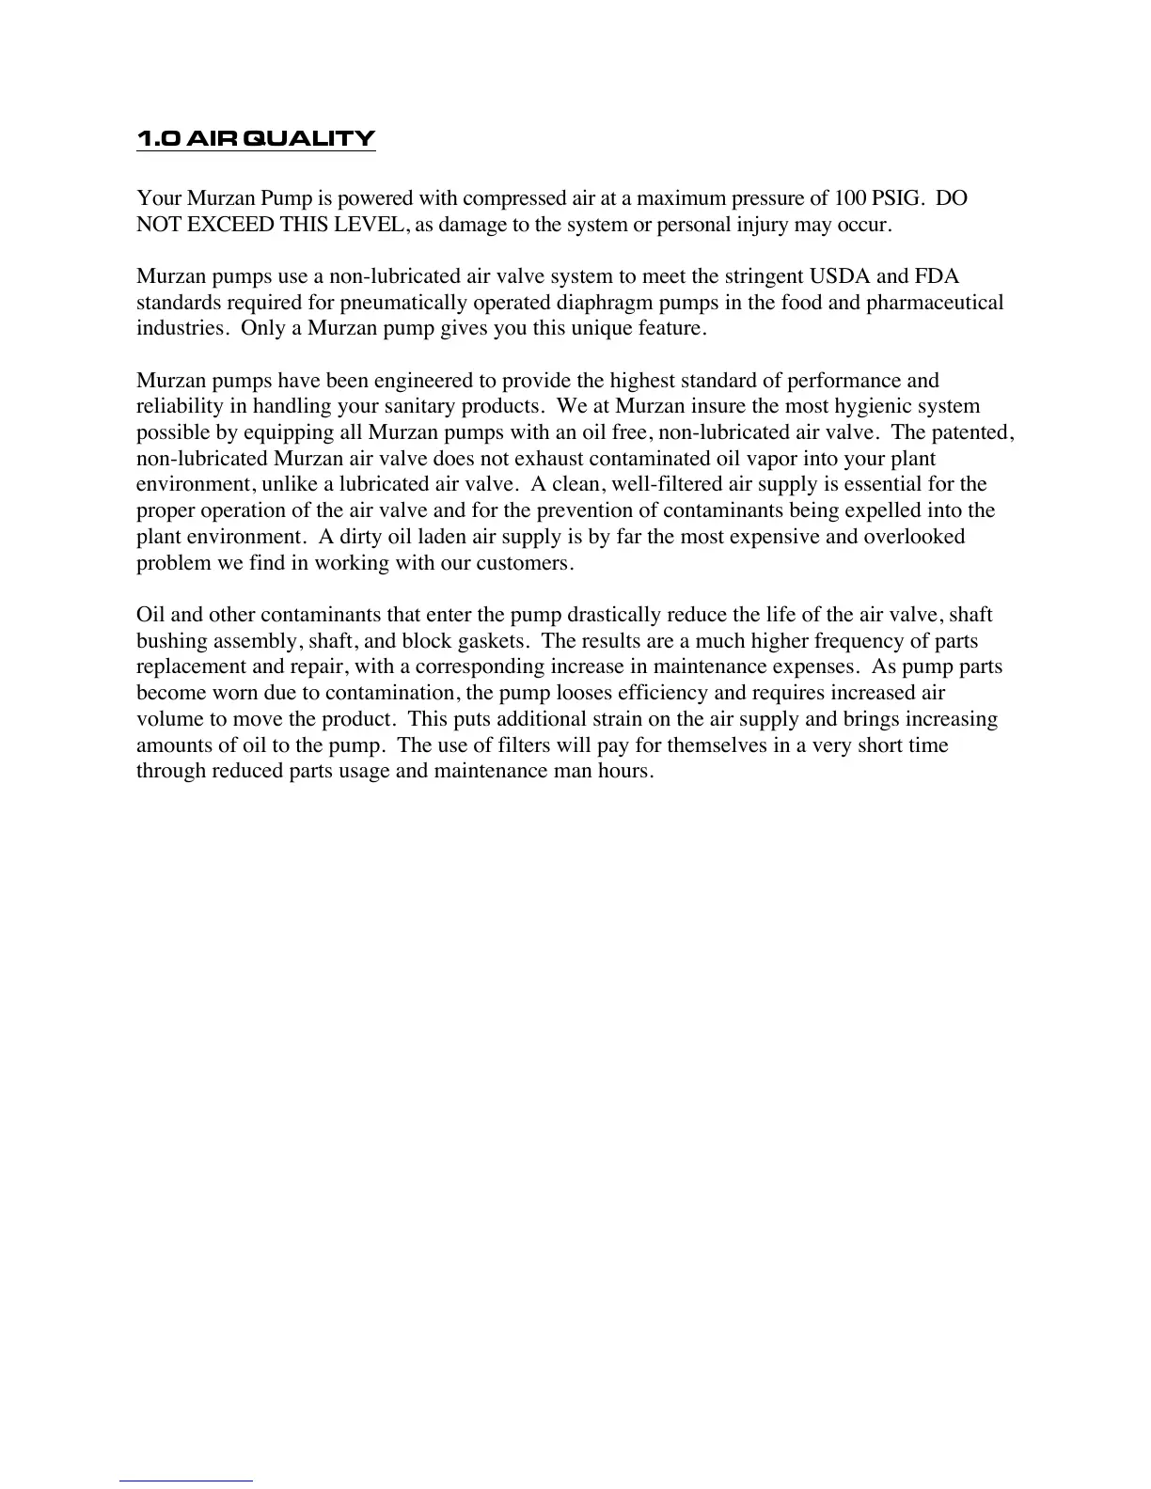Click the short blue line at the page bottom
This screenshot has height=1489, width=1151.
point(186,1481)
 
